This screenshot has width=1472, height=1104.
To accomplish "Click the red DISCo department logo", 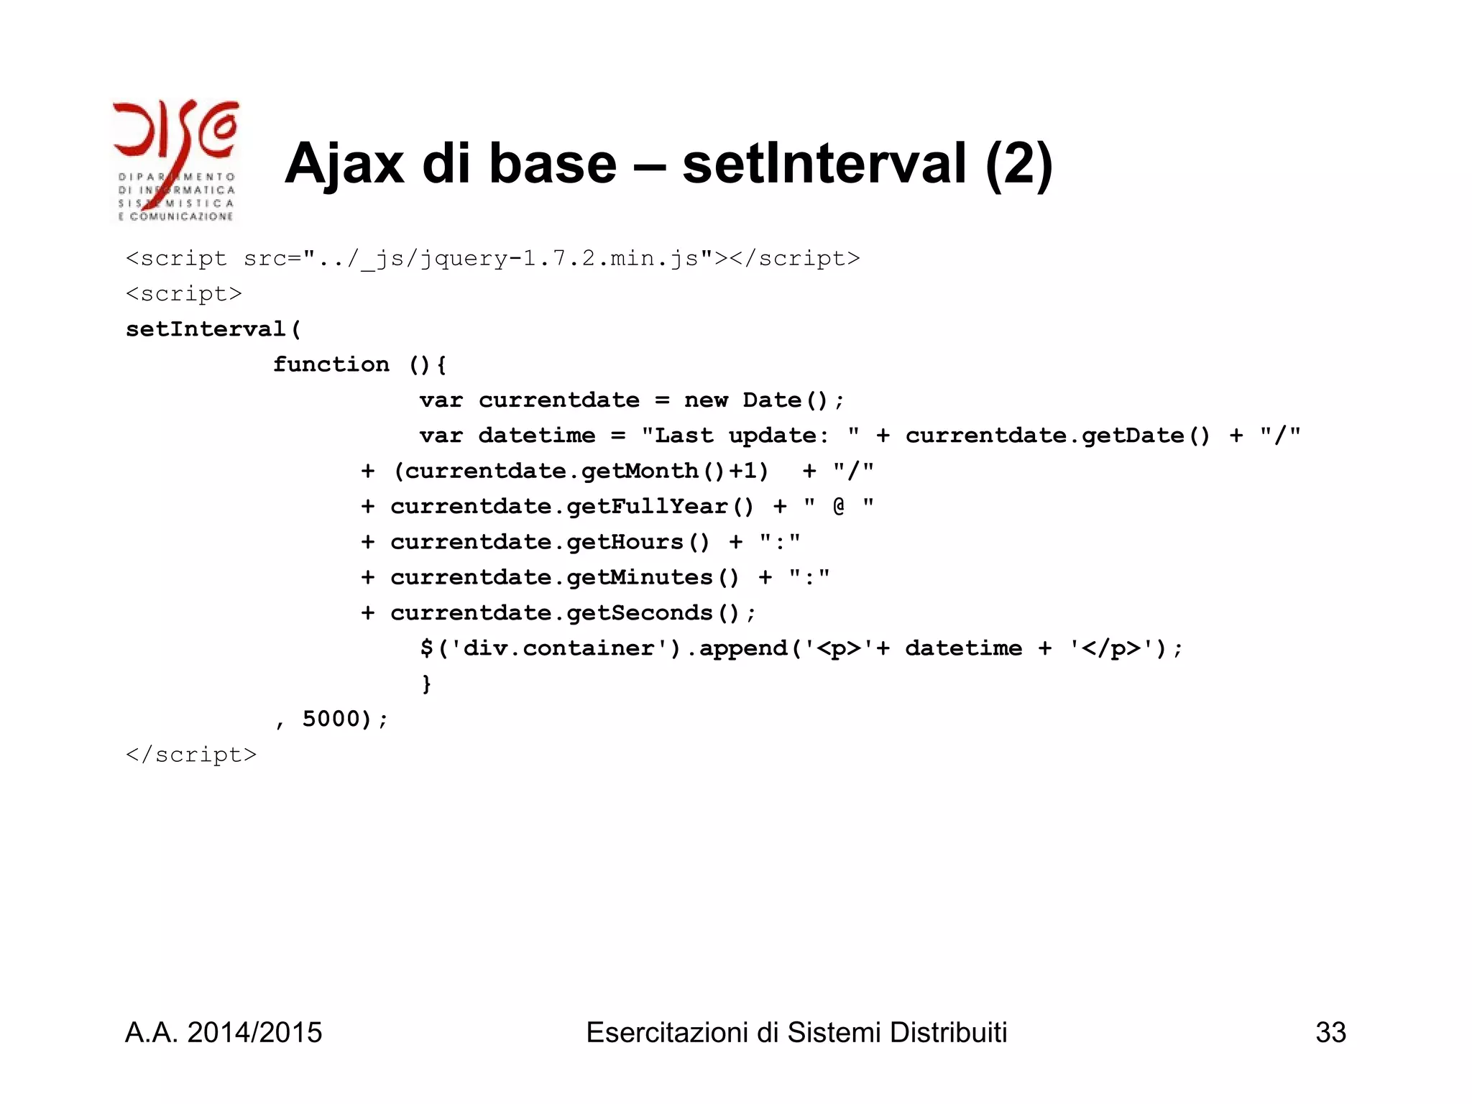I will pyautogui.click(x=175, y=160).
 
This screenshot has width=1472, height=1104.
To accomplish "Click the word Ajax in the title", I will pyautogui.click(x=344, y=164).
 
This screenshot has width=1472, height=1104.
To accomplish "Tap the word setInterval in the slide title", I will pyautogui.click(x=824, y=164).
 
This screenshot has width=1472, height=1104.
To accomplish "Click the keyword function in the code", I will pyautogui.click(x=331, y=364).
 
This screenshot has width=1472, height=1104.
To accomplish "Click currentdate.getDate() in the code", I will pyautogui.click(x=1057, y=436).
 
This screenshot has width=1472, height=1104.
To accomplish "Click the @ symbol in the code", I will pyautogui.click(x=839, y=506).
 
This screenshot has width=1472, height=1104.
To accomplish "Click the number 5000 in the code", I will pyautogui.click(x=331, y=719).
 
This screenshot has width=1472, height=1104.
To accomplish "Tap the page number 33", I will pyautogui.click(x=1330, y=1033).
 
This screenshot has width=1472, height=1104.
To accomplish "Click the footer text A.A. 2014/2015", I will pyautogui.click(x=224, y=1033).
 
